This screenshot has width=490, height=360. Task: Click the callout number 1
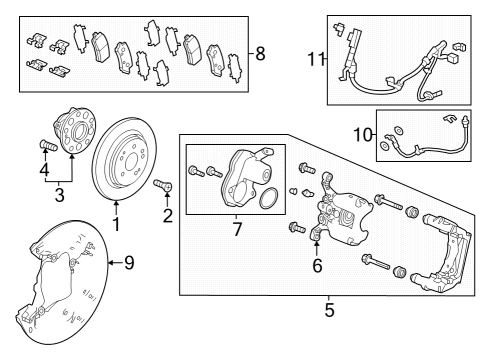coord(115,224)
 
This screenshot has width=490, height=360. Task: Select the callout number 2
coord(167,213)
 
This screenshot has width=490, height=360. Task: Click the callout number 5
coord(329,310)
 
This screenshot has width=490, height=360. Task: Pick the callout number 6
coord(318,266)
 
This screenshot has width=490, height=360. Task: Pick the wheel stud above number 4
coord(44,149)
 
